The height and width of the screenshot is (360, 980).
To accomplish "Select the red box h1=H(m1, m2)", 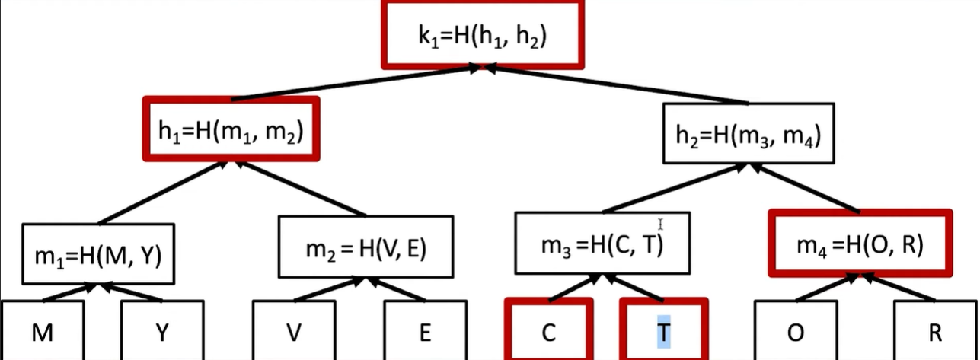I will coord(231,132).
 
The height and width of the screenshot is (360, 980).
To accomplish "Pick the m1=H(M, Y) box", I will coord(98,254).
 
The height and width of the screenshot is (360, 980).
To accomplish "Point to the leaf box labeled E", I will coord(425,332).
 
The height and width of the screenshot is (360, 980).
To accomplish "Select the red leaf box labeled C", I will coord(547,332).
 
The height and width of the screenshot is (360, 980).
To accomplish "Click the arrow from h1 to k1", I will coord(358,84).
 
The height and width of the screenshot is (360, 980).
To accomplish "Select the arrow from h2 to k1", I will coord(617,85).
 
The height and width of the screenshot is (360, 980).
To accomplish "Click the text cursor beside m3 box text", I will coord(661,225).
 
